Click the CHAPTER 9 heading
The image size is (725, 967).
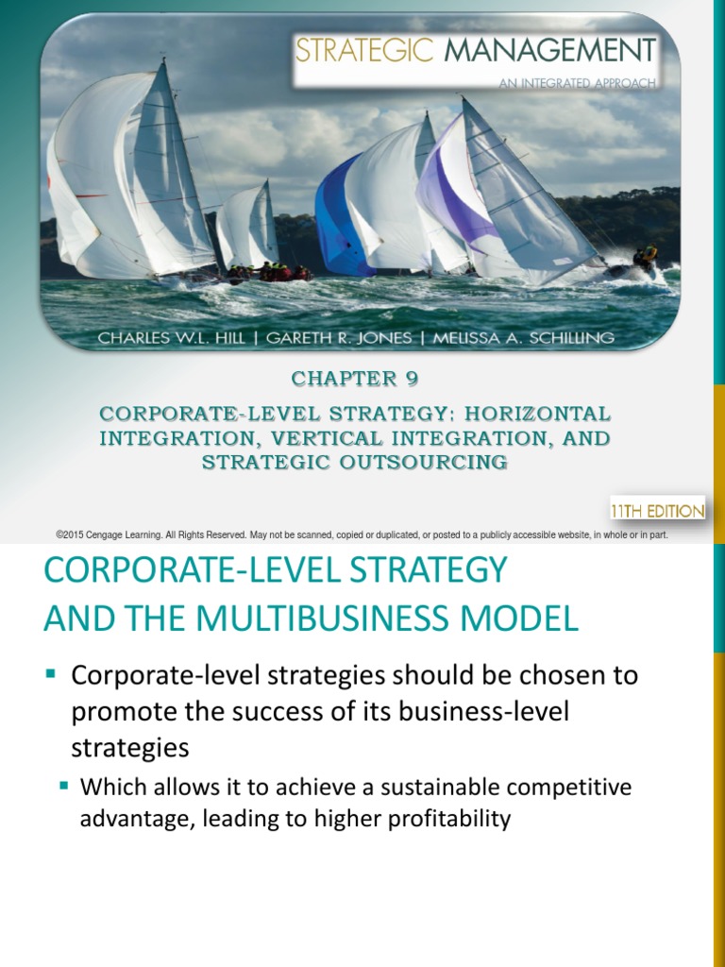(x=354, y=379)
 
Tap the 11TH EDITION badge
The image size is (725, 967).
(x=657, y=511)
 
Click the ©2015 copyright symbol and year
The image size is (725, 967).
(x=75, y=534)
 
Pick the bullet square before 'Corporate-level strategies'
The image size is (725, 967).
(x=52, y=674)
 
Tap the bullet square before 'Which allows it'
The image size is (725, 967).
(x=65, y=785)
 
